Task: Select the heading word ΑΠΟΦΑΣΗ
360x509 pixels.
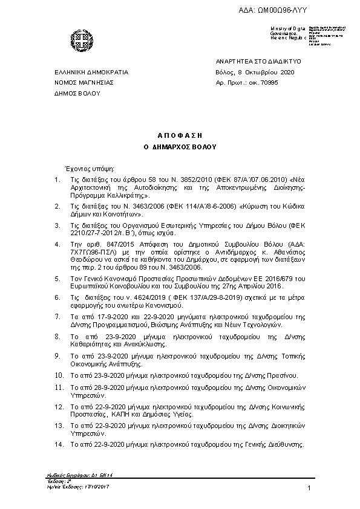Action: [x=180, y=135]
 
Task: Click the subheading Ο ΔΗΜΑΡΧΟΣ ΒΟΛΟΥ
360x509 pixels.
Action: [x=180, y=147]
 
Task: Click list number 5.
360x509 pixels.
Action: [x=56, y=279]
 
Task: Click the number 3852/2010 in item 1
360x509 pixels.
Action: [x=175, y=180]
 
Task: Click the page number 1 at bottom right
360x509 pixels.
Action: [x=309, y=488]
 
